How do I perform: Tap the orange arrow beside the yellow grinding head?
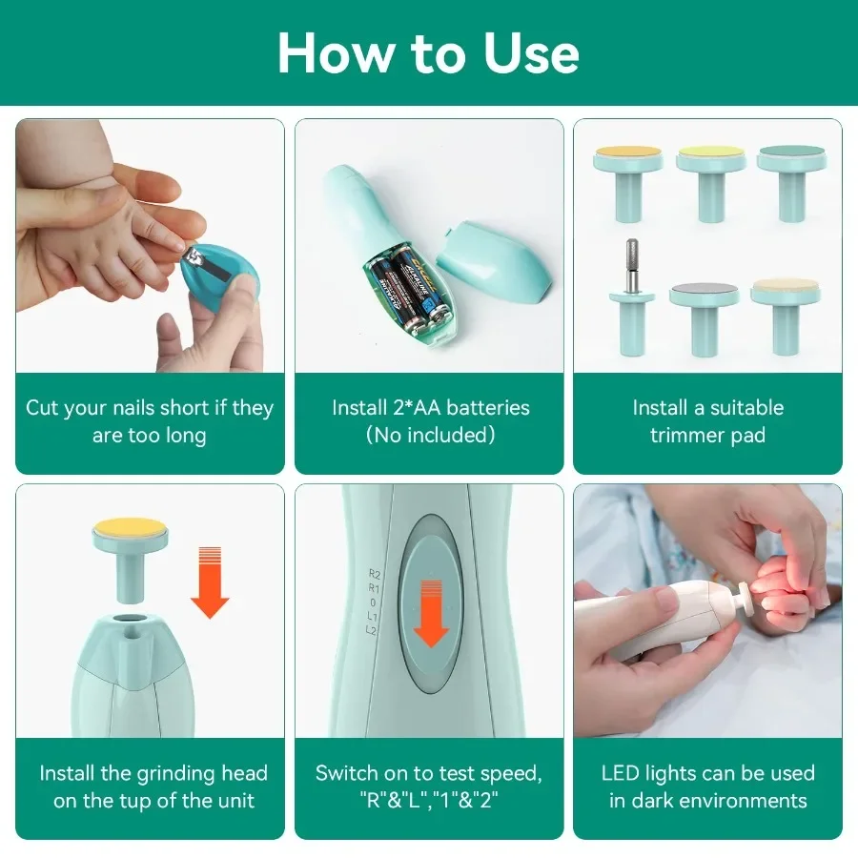pos(210,582)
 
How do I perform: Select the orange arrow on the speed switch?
pos(431,614)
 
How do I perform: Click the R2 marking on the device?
pos(375,574)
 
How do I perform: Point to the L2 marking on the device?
pos(371,630)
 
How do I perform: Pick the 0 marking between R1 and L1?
pos(373,603)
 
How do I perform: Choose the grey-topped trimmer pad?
pos(704,318)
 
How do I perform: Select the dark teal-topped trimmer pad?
pos(791,183)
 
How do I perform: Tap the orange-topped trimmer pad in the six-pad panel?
pos(628,183)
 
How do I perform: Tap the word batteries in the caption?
pos(488,408)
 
